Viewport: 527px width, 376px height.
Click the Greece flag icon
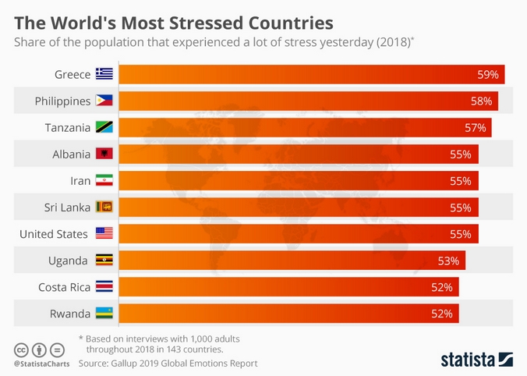coord(104,74)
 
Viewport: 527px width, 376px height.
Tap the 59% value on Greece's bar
coord(488,75)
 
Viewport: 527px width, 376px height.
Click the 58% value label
coord(481,101)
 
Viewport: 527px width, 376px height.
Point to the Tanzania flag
coord(104,127)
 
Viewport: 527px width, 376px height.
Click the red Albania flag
coord(104,154)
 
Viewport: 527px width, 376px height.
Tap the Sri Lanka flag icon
coord(104,207)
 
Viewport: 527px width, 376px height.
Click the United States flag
coord(104,233)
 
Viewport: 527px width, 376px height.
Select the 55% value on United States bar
coord(461,234)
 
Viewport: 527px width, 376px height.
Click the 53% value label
coord(448,261)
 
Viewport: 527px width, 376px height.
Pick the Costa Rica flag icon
coord(104,286)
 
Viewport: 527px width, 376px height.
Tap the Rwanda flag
coord(104,313)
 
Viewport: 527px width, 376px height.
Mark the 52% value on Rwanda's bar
coord(441,314)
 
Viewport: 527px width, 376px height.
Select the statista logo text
coord(468,360)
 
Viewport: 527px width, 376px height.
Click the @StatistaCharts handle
coord(41,364)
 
